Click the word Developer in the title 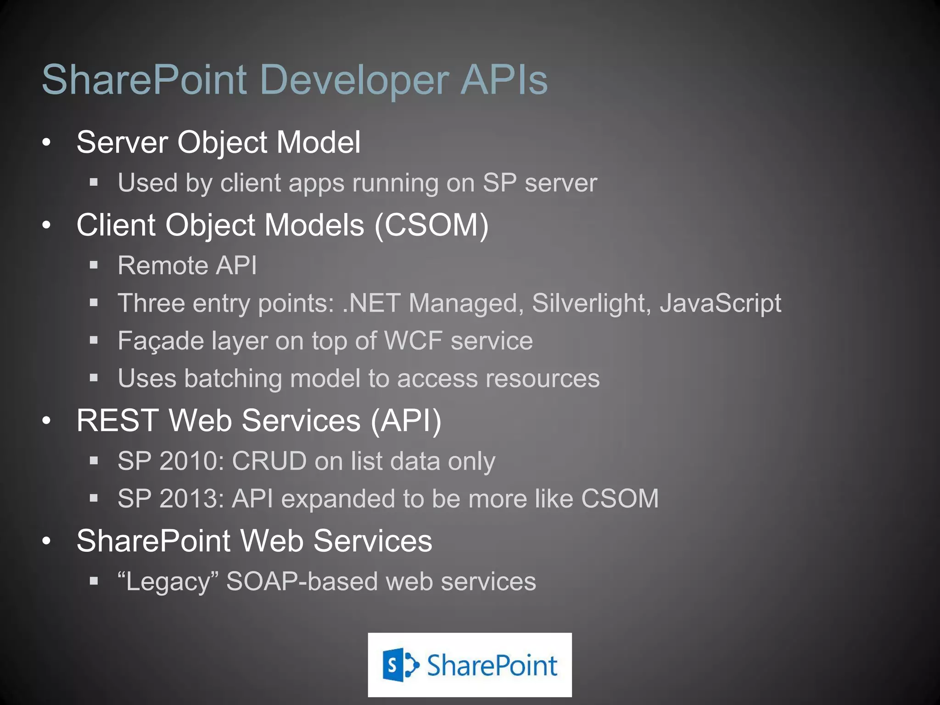point(354,81)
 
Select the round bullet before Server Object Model point(46,143)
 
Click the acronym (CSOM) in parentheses point(432,225)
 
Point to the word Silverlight point(591,304)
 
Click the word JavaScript point(720,304)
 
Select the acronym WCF point(413,341)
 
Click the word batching point(233,379)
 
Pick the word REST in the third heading point(117,421)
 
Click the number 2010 point(191,461)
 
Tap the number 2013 point(191,499)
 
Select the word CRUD point(269,461)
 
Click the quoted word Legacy point(168,582)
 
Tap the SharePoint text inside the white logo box point(492,666)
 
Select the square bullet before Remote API point(94,265)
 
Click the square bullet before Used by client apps point(94,183)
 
